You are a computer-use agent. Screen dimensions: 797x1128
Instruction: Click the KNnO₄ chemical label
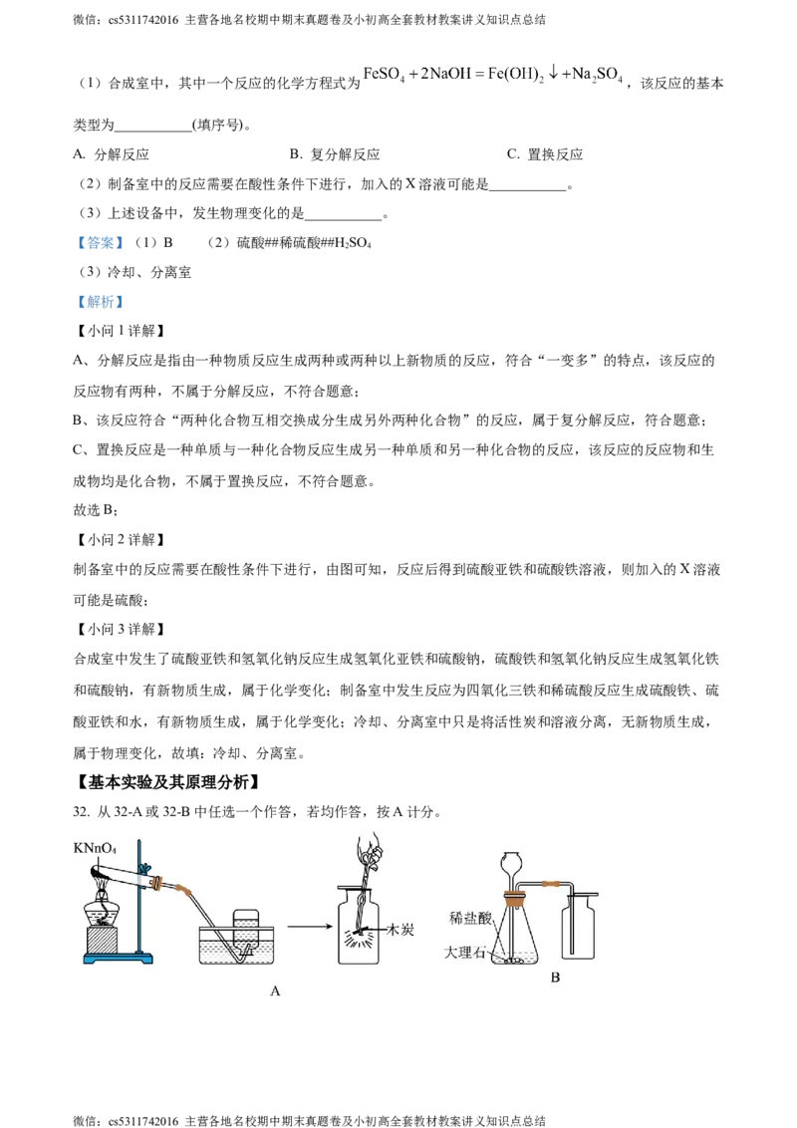click(x=95, y=848)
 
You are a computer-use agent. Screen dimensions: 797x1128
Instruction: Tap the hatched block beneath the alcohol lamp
click(x=103, y=941)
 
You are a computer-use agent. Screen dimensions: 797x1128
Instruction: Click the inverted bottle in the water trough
click(x=245, y=932)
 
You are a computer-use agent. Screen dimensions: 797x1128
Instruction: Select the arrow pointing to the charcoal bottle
click(x=308, y=927)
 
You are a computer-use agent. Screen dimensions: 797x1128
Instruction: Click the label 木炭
click(x=399, y=929)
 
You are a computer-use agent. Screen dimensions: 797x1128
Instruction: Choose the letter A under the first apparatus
click(x=275, y=990)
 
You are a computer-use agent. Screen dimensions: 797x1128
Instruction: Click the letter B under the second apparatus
click(x=555, y=978)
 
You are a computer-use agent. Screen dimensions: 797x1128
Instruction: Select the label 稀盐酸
click(x=469, y=917)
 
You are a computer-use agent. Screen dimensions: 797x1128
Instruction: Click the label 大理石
click(x=465, y=953)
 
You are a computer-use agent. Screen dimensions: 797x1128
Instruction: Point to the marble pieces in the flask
click(x=514, y=962)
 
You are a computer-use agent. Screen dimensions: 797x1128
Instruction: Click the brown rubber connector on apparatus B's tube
click(x=548, y=883)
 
